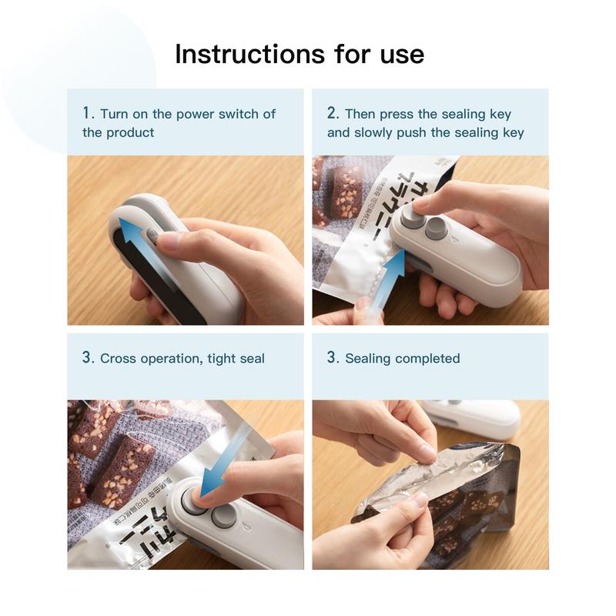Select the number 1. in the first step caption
(89, 113)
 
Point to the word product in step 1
(130, 132)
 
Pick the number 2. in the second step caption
(333, 113)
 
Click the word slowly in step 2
(375, 132)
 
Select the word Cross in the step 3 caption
(119, 358)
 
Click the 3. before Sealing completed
(333, 358)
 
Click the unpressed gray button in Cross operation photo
(223, 516)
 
